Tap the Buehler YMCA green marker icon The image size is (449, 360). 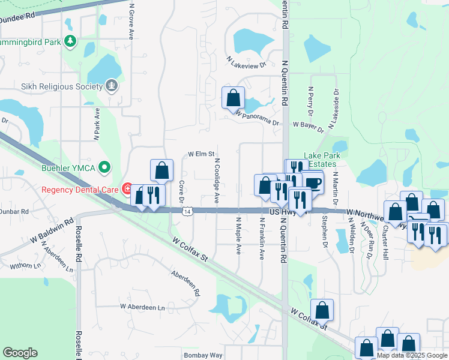[105, 167]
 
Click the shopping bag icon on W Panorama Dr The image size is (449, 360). [233, 97]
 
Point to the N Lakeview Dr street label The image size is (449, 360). [246, 61]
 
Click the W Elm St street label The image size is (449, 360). [201, 154]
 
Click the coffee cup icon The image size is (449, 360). [313, 182]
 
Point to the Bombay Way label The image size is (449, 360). [203, 355]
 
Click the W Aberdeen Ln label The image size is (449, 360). [142, 307]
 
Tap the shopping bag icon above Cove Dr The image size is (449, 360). [161, 170]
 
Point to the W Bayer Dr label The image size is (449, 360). [309, 126]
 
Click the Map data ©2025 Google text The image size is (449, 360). [411, 355]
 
